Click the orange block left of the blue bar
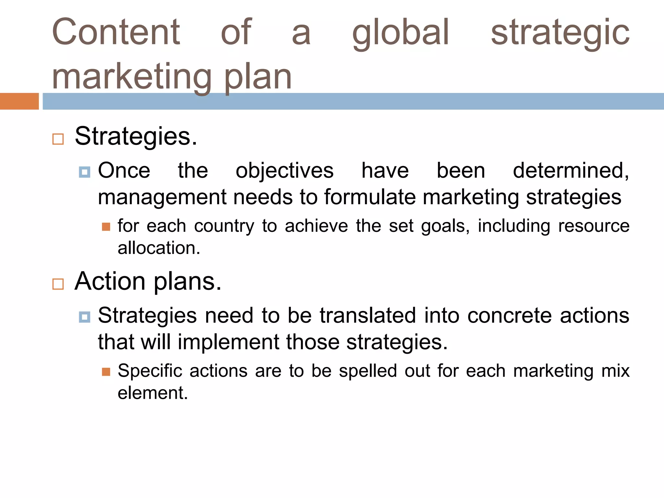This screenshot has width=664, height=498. click(x=19, y=101)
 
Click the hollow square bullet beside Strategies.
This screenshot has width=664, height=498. click(x=58, y=139)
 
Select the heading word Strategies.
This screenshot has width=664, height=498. click(x=136, y=136)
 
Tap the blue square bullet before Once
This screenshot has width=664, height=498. click(x=84, y=172)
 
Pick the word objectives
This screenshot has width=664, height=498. click(x=284, y=171)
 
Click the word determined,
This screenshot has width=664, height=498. click(x=571, y=171)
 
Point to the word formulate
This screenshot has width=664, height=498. click(x=370, y=197)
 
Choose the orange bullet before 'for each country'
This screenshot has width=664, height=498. click(x=106, y=227)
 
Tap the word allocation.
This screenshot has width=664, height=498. click(x=159, y=248)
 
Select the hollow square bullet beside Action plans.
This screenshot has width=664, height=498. click(x=58, y=284)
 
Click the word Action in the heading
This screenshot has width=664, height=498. click(x=110, y=281)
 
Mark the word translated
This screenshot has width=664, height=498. click(x=368, y=315)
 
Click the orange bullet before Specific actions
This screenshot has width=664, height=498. click(x=106, y=372)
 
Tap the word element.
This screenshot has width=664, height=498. click(x=153, y=393)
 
